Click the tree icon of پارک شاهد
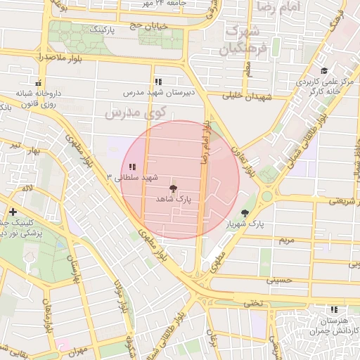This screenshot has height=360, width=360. [172, 188]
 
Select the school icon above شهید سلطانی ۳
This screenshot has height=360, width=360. [132, 166]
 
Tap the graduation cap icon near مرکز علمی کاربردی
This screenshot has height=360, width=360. [324, 71]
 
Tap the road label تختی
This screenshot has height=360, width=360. [251, 303]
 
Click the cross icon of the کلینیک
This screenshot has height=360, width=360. [13, 212]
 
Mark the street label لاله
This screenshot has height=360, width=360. [27, 188]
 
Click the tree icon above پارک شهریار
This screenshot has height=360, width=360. [245, 213]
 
